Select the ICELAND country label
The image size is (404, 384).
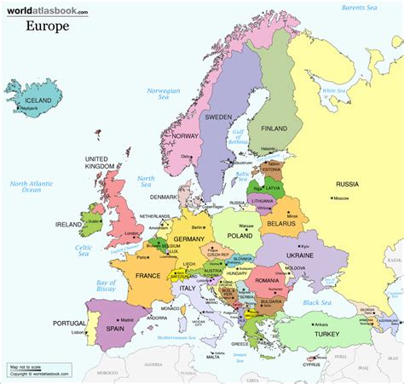coord(32,100)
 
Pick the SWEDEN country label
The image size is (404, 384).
coord(219,117)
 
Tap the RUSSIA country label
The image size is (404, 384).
coord(347,184)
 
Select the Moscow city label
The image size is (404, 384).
coord(341,198)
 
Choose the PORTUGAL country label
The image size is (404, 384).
coord(70,324)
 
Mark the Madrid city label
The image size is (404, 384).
coord(125,320)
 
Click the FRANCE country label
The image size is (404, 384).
coord(148,277)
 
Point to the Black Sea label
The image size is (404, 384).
coord(317,302)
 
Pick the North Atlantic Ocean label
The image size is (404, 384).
coord(32,186)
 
